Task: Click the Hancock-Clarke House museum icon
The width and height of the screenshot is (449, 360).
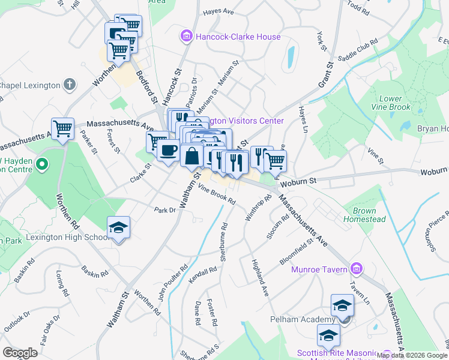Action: pos(187,37)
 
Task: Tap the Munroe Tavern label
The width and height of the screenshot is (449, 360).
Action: pos(319,269)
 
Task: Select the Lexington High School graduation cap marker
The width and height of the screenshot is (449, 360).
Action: pos(118,228)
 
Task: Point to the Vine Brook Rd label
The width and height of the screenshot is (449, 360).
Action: pos(217,195)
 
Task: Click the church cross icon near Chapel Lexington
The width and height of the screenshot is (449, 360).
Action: pos(70,85)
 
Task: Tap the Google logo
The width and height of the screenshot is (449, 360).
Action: pos(20,353)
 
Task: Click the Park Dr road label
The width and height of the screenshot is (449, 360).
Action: pos(164,211)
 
